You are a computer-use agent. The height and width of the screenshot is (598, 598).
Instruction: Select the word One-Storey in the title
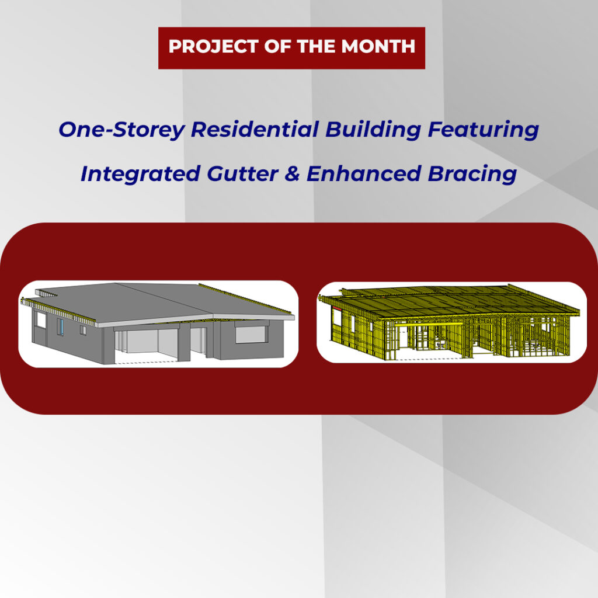click(120, 130)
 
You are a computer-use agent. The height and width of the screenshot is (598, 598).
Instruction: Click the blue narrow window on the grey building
click(60, 326)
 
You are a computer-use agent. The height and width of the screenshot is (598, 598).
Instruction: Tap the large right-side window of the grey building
click(251, 334)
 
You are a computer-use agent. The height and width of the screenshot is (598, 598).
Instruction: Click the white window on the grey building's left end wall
click(40, 321)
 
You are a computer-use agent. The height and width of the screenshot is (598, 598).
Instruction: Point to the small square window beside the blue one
click(83, 330)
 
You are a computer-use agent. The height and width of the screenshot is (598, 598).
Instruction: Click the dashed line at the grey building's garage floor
click(146, 363)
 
